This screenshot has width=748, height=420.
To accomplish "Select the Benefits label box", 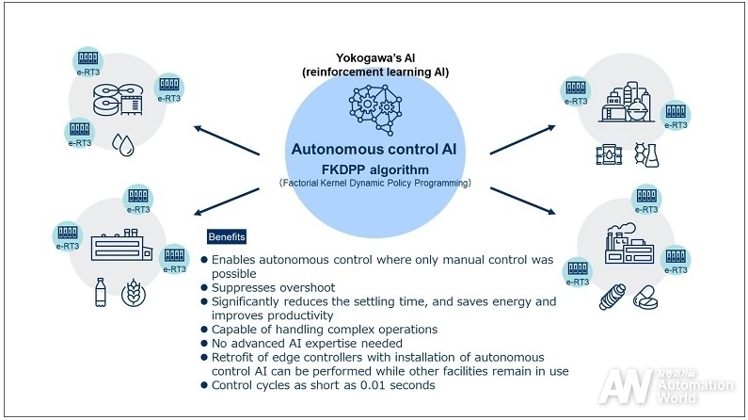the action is click(x=227, y=236).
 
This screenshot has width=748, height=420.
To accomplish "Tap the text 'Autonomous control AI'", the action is click(x=374, y=149).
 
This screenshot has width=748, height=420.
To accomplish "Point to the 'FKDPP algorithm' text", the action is click(x=375, y=170).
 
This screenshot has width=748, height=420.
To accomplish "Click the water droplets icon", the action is click(x=123, y=144).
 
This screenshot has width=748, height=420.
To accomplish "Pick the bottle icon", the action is click(x=100, y=292).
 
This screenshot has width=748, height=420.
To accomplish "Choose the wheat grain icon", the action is click(x=134, y=292).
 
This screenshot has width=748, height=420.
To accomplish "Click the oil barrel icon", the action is click(x=609, y=154).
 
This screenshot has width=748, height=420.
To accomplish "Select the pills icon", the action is click(x=645, y=298).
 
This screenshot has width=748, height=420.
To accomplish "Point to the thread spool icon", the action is click(x=613, y=297).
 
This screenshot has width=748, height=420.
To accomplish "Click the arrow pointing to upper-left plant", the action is click(x=227, y=140).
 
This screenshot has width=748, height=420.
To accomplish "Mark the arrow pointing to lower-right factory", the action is click(x=523, y=201).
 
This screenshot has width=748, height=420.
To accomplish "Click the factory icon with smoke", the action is click(x=629, y=243).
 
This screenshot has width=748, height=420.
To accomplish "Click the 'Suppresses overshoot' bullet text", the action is click(x=273, y=288).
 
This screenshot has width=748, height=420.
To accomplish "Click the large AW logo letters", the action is click(x=626, y=386).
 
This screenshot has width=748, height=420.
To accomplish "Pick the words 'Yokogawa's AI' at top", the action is click(x=375, y=58).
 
